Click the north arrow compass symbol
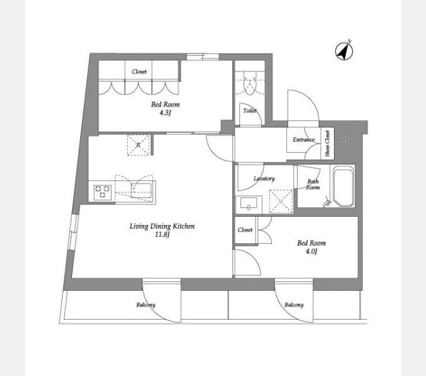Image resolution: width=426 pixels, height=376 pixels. (344, 51)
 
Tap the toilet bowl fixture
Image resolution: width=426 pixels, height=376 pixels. (250, 83)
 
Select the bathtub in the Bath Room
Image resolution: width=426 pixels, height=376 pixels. (344, 187)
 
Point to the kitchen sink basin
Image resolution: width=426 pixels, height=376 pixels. (142, 191)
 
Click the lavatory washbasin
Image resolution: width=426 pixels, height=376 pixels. (249, 204)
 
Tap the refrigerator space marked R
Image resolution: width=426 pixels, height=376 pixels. (138, 145)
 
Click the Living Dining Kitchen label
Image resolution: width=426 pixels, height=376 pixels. (162, 226)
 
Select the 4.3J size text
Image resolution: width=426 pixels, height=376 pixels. (165, 113)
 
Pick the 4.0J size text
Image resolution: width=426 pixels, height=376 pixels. (311, 251)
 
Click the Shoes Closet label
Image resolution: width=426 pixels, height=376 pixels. (328, 144)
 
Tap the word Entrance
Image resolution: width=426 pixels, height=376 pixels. (303, 140)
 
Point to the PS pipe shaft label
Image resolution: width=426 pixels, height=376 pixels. (345, 140)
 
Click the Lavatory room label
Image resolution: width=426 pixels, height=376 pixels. (264, 179)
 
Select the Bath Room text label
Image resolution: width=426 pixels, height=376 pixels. (313, 184)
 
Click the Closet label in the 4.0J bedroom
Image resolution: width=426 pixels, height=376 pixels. (245, 230)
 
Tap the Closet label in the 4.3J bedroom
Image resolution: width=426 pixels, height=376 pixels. (139, 71)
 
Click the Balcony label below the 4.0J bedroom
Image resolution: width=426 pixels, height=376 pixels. (294, 305)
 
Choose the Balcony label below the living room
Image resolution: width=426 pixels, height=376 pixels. (146, 305)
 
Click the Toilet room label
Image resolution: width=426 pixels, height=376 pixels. (250, 111)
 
